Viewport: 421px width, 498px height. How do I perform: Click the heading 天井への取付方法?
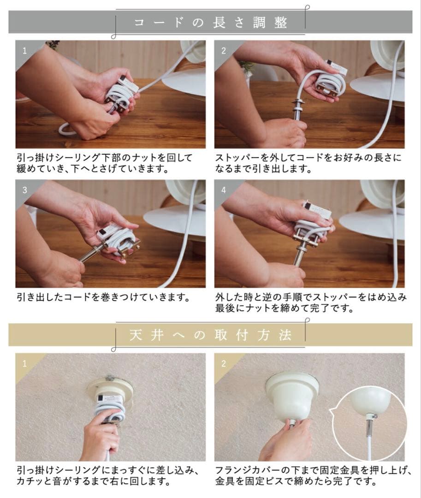pos(210,335)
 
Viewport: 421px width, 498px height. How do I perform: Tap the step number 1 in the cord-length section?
pos(24,50)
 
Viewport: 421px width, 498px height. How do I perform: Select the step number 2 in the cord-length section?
pos(224,50)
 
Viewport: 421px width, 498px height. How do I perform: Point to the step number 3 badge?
pos(24,190)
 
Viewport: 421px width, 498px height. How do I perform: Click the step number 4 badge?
pos(224,190)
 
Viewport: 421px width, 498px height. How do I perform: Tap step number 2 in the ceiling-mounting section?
pos(224,363)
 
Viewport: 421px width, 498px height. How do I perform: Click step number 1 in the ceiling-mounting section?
pos(24,363)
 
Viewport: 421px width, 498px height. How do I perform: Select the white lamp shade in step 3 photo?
pos(173,221)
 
